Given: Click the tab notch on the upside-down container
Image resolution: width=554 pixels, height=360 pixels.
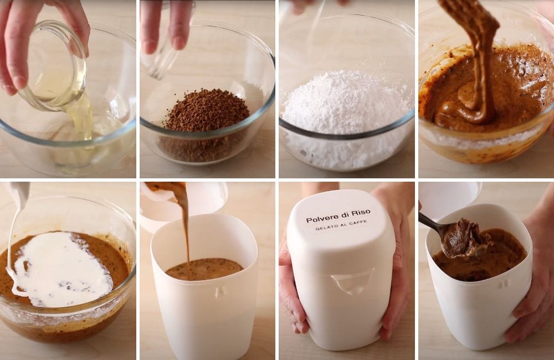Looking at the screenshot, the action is pyautogui.click(x=352, y=281).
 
